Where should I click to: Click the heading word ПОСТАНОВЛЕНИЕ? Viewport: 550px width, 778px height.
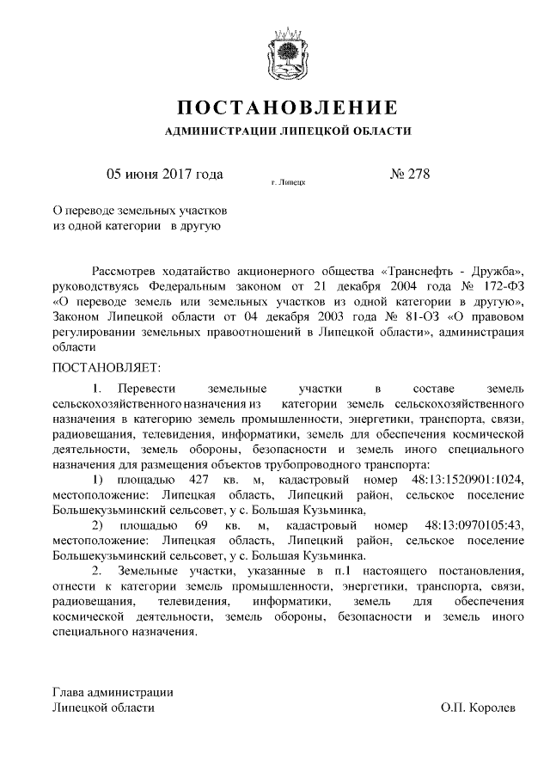click(288, 108)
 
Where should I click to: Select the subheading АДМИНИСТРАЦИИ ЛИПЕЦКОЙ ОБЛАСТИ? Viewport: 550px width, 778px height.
click(288, 132)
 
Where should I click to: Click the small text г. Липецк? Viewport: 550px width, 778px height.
click(288, 183)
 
